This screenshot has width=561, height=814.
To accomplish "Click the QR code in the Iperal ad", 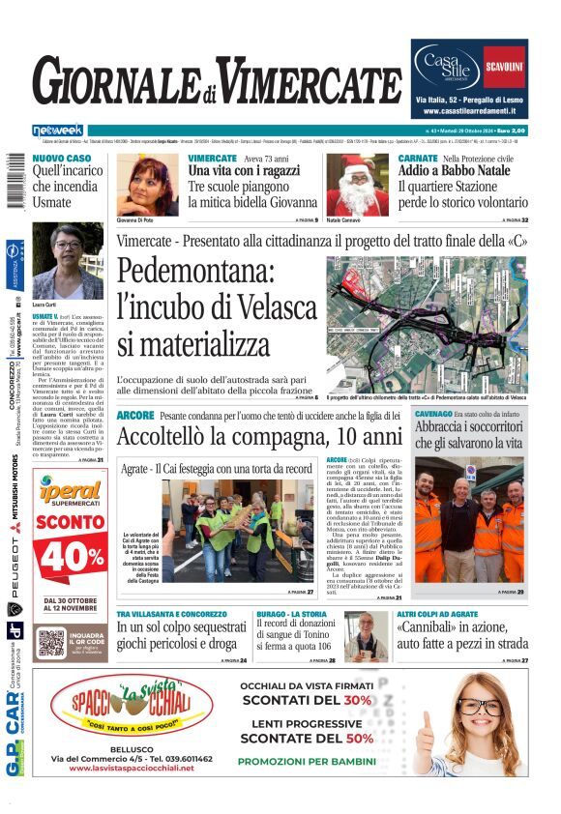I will coord(50,641).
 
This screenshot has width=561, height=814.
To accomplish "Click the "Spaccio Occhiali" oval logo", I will coord(133,711).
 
